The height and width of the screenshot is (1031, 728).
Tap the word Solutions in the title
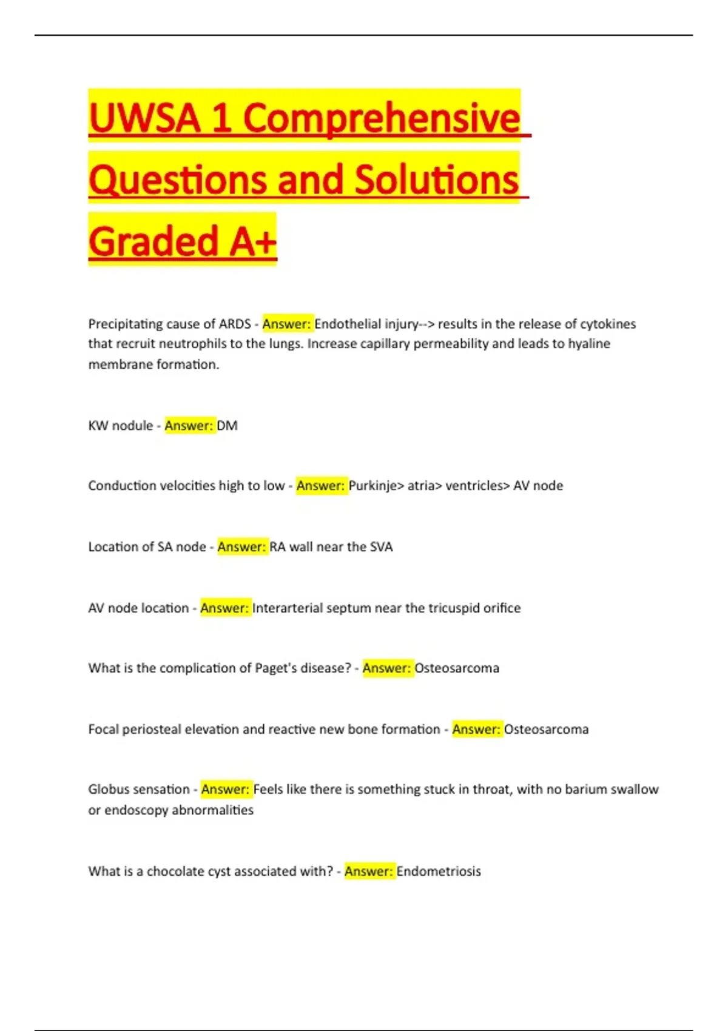(436, 180)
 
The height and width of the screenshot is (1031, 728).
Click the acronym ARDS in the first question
(234, 324)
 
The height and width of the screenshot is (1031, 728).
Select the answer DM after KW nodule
(227, 426)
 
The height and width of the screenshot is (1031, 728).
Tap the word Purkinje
(372, 486)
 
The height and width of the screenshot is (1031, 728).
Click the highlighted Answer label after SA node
(241, 547)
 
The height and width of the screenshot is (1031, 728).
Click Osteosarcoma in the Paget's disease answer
(457, 668)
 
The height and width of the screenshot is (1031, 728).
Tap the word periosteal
(152, 730)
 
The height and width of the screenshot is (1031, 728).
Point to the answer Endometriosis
(439, 871)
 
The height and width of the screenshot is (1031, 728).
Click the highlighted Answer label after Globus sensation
(225, 790)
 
